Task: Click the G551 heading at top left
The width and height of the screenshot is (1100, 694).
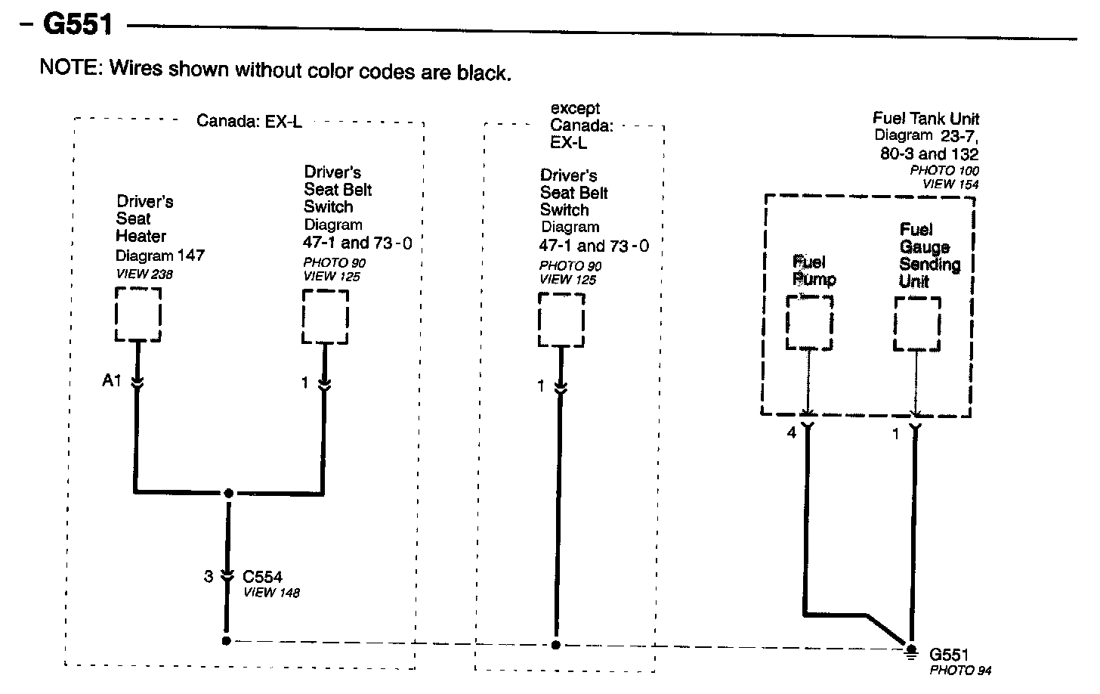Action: click(78, 24)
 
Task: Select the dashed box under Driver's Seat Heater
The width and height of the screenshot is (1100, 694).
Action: click(137, 314)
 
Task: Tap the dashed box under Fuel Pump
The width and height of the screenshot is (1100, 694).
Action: click(809, 322)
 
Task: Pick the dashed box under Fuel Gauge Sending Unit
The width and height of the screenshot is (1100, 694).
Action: click(917, 324)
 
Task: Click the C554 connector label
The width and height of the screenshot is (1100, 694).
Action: click(262, 577)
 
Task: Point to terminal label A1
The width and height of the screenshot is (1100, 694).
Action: click(112, 381)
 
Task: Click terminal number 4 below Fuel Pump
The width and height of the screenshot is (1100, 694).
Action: click(792, 434)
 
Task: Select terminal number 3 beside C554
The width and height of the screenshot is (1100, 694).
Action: click(209, 577)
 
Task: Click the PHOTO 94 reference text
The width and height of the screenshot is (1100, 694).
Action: click(959, 671)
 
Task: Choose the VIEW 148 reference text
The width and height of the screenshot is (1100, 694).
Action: click(271, 593)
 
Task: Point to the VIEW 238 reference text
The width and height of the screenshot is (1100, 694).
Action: click(144, 274)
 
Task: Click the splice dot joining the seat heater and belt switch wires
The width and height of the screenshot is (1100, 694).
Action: click(228, 493)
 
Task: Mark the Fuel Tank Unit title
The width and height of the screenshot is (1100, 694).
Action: click(925, 119)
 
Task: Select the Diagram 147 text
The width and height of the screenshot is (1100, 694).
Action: click(160, 256)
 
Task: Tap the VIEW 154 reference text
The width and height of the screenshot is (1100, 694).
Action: click(950, 184)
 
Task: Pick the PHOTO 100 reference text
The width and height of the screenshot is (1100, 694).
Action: click(944, 171)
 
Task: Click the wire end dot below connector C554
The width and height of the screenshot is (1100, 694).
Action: click(226, 641)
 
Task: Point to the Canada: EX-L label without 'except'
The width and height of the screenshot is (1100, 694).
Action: click(249, 121)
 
